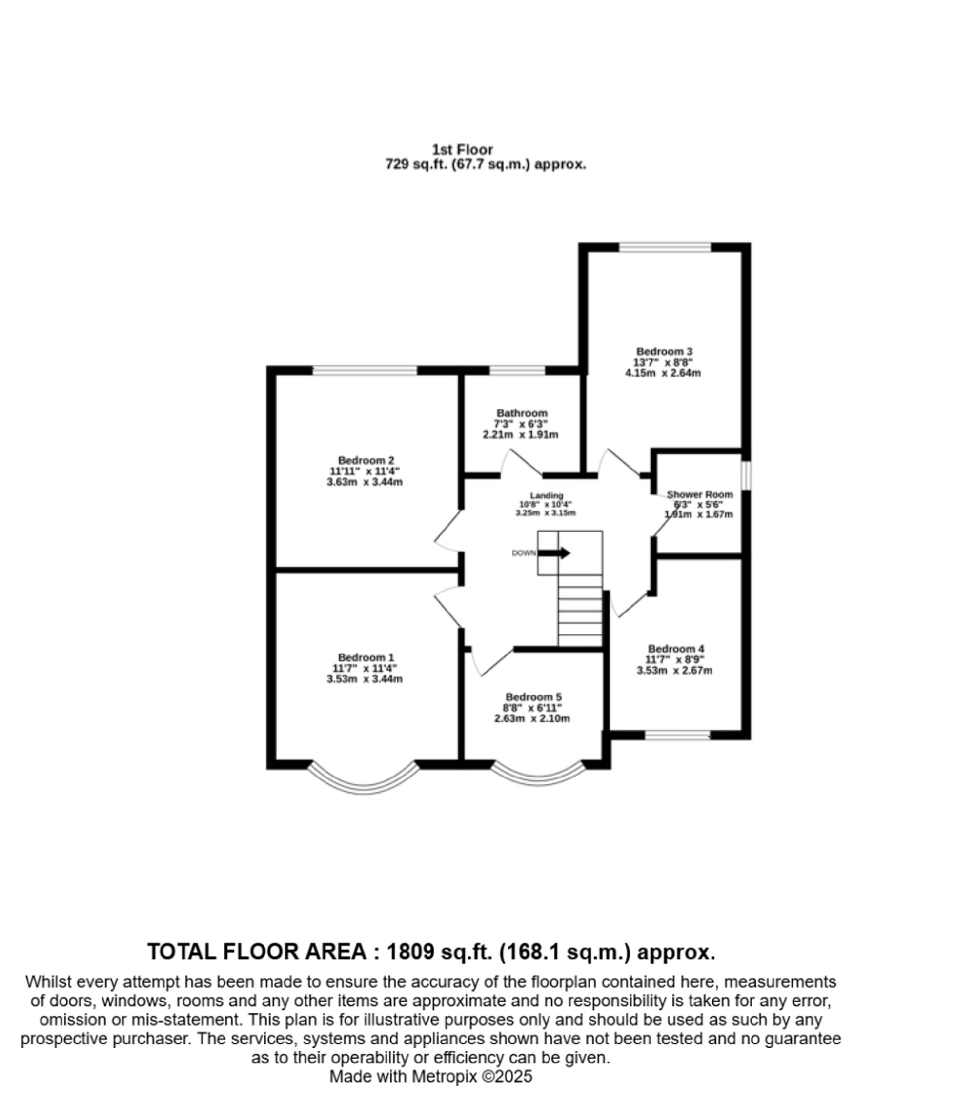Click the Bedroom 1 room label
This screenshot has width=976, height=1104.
pos(366,657)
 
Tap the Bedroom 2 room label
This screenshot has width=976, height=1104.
pos(366,460)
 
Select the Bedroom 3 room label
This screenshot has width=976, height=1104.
pos(664,351)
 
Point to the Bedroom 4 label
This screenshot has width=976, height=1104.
pos(676,648)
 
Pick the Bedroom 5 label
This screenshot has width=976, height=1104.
pos(533,697)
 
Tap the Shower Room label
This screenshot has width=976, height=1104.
pos(699,494)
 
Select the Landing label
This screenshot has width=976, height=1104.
pos(546,495)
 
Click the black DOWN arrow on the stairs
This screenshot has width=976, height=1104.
pos(554,553)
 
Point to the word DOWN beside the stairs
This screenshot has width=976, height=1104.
pos(523,553)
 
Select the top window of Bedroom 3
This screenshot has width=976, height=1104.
pos(664,247)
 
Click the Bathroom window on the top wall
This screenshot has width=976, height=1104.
pos(517,370)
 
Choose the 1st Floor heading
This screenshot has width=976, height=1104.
pos(462,150)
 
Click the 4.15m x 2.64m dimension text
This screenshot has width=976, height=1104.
pos(663,373)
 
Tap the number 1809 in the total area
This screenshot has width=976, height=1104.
pos(410,952)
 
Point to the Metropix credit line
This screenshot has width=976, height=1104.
pos(430,1077)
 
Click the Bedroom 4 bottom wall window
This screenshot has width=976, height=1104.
pos(677,735)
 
